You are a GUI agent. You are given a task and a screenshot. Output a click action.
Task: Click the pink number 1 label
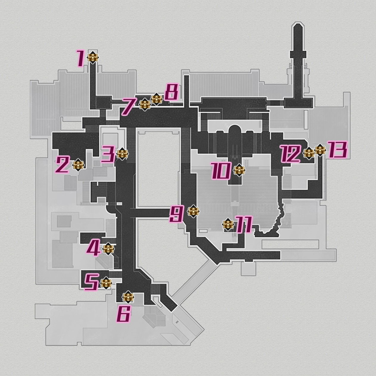point(80,58)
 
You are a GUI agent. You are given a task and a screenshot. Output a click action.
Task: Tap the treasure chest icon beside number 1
point(93,58)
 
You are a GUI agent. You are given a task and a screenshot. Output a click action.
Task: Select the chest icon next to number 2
point(78,165)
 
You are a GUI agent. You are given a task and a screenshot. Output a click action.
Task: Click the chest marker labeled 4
point(108,249)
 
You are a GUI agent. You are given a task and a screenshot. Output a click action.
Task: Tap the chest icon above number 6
point(128,297)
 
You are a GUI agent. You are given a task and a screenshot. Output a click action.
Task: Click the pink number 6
point(123,314)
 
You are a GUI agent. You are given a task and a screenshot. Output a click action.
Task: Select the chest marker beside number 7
point(145,105)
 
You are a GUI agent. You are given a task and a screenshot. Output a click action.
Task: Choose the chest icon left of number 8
point(156,99)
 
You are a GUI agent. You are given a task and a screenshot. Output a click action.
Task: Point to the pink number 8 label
point(172,92)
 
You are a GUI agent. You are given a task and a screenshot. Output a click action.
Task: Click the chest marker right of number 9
point(193,211)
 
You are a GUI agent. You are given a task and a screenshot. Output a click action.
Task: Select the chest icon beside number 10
point(240,170)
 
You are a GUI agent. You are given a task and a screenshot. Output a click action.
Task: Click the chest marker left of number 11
point(228,225)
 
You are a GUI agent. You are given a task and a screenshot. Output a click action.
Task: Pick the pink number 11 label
point(244,225)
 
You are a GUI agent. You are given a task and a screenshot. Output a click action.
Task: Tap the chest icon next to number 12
point(309,153)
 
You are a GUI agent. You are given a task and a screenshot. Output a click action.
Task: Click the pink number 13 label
point(337,150)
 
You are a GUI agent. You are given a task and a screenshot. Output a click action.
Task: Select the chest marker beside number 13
point(320,150)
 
